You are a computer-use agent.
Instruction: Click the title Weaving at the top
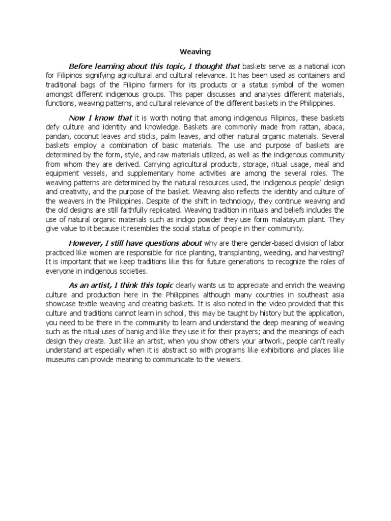coord(195,51)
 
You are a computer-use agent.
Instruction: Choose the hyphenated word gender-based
coord(258,243)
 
